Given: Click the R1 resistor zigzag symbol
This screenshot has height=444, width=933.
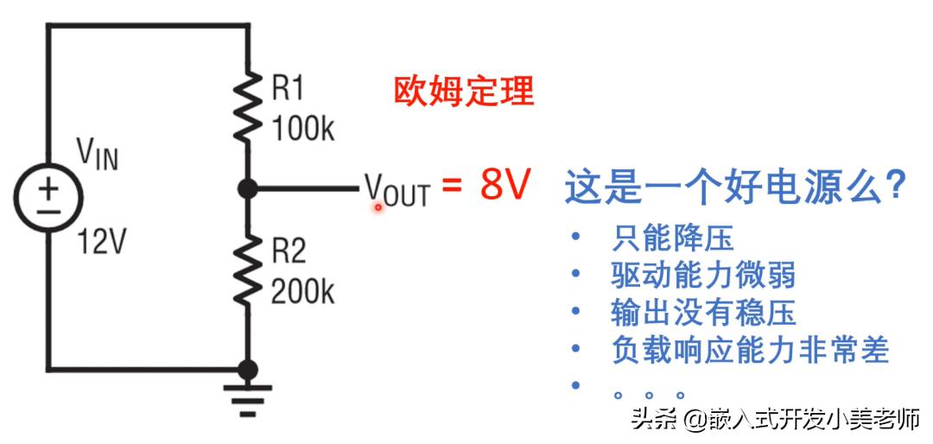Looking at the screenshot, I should [x=248, y=105].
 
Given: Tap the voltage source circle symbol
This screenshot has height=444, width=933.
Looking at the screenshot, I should [x=48, y=198].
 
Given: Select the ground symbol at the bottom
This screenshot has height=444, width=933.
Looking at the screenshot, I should [x=248, y=396].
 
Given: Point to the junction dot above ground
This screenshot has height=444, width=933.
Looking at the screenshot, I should [x=248, y=370].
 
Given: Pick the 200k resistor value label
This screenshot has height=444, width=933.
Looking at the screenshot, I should [x=302, y=293].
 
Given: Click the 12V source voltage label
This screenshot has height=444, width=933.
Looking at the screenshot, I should [x=101, y=244].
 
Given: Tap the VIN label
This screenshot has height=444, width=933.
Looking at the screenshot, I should [x=98, y=155].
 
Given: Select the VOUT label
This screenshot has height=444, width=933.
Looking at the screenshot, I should [x=397, y=190].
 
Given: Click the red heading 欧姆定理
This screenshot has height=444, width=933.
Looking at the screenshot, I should [x=464, y=91].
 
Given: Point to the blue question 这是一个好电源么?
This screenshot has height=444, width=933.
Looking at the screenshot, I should [x=735, y=187].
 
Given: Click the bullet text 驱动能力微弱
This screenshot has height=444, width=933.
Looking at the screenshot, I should [x=702, y=276].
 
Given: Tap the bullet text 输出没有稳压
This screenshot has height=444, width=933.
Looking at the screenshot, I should [x=702, y=313].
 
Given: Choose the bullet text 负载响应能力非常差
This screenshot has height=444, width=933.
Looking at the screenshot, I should [x=749, y=350].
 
